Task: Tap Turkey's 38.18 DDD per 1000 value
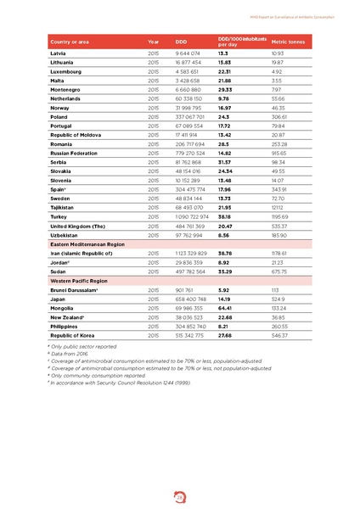[225, 217]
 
